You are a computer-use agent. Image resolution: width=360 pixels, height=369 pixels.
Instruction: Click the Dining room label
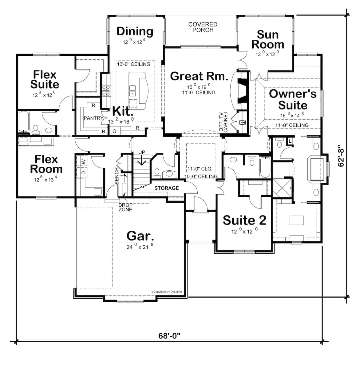135,31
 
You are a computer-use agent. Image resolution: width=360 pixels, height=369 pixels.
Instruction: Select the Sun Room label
267,39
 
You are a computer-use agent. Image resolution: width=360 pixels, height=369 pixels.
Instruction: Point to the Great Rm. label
199,76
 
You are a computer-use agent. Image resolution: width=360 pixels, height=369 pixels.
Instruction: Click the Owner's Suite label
293,99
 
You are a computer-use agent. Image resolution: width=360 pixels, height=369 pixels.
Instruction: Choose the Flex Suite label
45,79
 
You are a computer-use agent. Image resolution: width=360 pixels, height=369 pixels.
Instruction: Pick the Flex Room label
46,164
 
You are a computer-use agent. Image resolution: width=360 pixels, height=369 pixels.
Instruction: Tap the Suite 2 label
244,220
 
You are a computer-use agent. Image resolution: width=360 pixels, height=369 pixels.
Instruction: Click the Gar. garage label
140,236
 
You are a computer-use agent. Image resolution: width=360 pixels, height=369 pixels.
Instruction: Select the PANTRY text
93,118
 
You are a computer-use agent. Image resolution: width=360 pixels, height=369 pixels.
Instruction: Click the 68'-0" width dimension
169,335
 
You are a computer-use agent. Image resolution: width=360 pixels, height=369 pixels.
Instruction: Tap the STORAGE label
166,188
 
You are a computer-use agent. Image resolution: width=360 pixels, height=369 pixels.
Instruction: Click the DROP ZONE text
125,207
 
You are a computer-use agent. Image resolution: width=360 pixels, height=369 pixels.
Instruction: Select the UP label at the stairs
141,152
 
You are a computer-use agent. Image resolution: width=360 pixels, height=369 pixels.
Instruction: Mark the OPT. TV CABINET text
224,122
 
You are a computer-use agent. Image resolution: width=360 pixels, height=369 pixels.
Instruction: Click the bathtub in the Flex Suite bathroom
23,121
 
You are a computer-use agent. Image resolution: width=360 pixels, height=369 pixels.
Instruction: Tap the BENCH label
117,176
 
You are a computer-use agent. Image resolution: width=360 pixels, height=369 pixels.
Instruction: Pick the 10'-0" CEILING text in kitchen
134,64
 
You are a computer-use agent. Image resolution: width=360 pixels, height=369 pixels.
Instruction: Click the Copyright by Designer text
167,292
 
